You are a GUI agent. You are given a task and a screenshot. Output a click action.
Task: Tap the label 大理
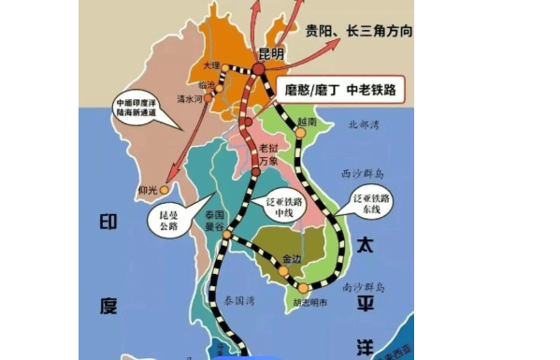pos(212,65)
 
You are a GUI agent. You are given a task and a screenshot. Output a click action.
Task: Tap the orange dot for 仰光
pos(165,190)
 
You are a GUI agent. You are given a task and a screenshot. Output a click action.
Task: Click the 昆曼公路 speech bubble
pos(163,219)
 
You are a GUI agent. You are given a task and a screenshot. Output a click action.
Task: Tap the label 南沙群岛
pos(363,287)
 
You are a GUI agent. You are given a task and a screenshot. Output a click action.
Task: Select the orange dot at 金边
pos(283,271)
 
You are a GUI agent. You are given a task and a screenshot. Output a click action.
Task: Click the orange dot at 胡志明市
pos(303,288)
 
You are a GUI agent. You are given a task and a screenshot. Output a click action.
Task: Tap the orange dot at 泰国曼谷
pos(226,246)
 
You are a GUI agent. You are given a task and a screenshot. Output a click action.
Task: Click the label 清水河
pos(215,96)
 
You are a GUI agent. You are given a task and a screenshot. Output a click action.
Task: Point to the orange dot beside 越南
pos(301,133)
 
